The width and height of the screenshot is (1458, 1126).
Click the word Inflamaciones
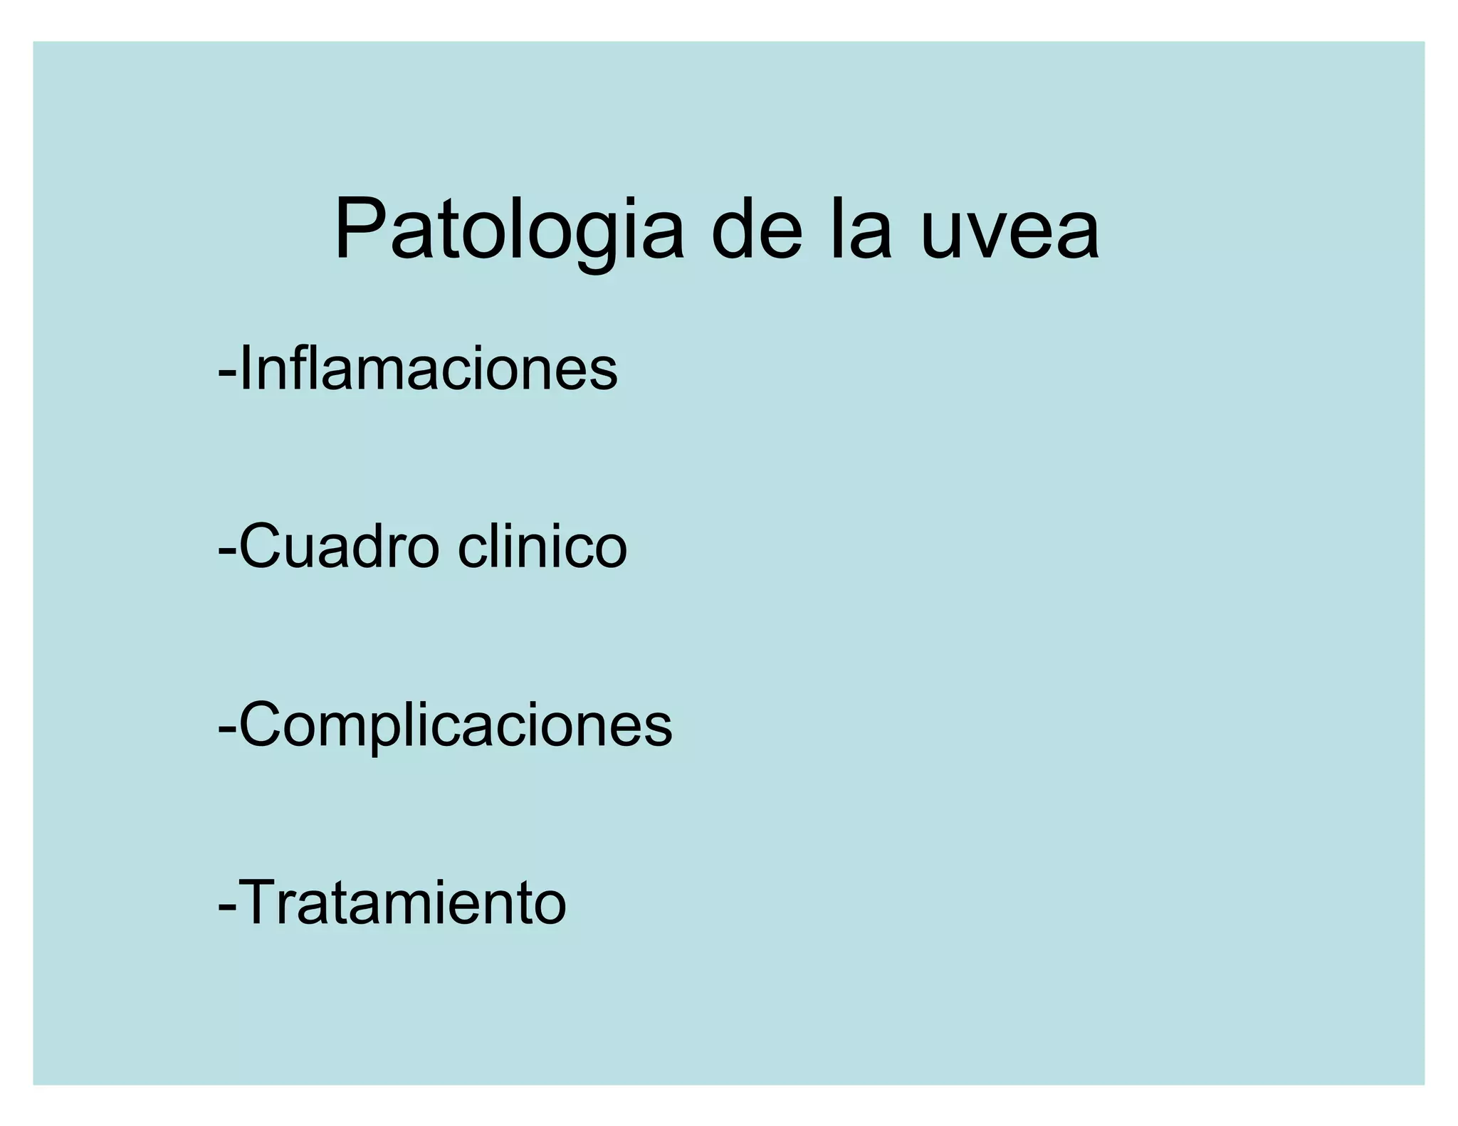click(x=429, y=369)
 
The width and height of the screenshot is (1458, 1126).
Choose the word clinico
click(x=542, y=547)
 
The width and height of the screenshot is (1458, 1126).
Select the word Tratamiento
click(x=403, y=903)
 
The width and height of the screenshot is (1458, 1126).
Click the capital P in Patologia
click(x=360, y=229)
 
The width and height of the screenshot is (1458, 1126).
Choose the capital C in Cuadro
click(x=259, y=547)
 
